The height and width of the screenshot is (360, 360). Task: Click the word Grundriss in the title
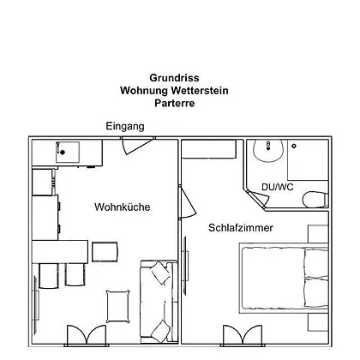[x=174, y=78]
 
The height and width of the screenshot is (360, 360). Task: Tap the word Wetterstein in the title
[x=200, y=91]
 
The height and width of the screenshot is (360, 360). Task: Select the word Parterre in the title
[x=175, y=103]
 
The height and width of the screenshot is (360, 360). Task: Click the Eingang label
[x=125, y=126]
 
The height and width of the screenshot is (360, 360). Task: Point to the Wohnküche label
[x=123, y=207]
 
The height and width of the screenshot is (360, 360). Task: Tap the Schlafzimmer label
[x=241, y=228]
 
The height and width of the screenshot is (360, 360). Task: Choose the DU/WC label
[x=278, y=187]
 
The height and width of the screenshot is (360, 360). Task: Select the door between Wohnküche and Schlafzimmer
[x=187, y=202]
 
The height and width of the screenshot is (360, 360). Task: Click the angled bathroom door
[x=259, y=198]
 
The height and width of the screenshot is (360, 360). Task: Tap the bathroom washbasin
[x=268, y=151]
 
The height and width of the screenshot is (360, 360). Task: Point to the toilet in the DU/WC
[x=315, y=200]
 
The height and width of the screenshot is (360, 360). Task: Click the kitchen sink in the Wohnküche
[x=68, y=153]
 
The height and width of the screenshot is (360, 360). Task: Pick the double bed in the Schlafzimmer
[x=284, y=278]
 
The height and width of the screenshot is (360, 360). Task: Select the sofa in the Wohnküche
[x=159, y=301]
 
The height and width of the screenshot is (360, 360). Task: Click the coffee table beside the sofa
[x=117, y=307]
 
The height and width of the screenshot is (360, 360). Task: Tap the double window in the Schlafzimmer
[x=243, y=335]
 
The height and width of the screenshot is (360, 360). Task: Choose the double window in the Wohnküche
[x=87, y=335]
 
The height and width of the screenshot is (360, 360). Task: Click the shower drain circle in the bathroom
[x=294, y=146]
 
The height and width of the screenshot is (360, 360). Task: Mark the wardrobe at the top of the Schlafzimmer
[x=209, y=149]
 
